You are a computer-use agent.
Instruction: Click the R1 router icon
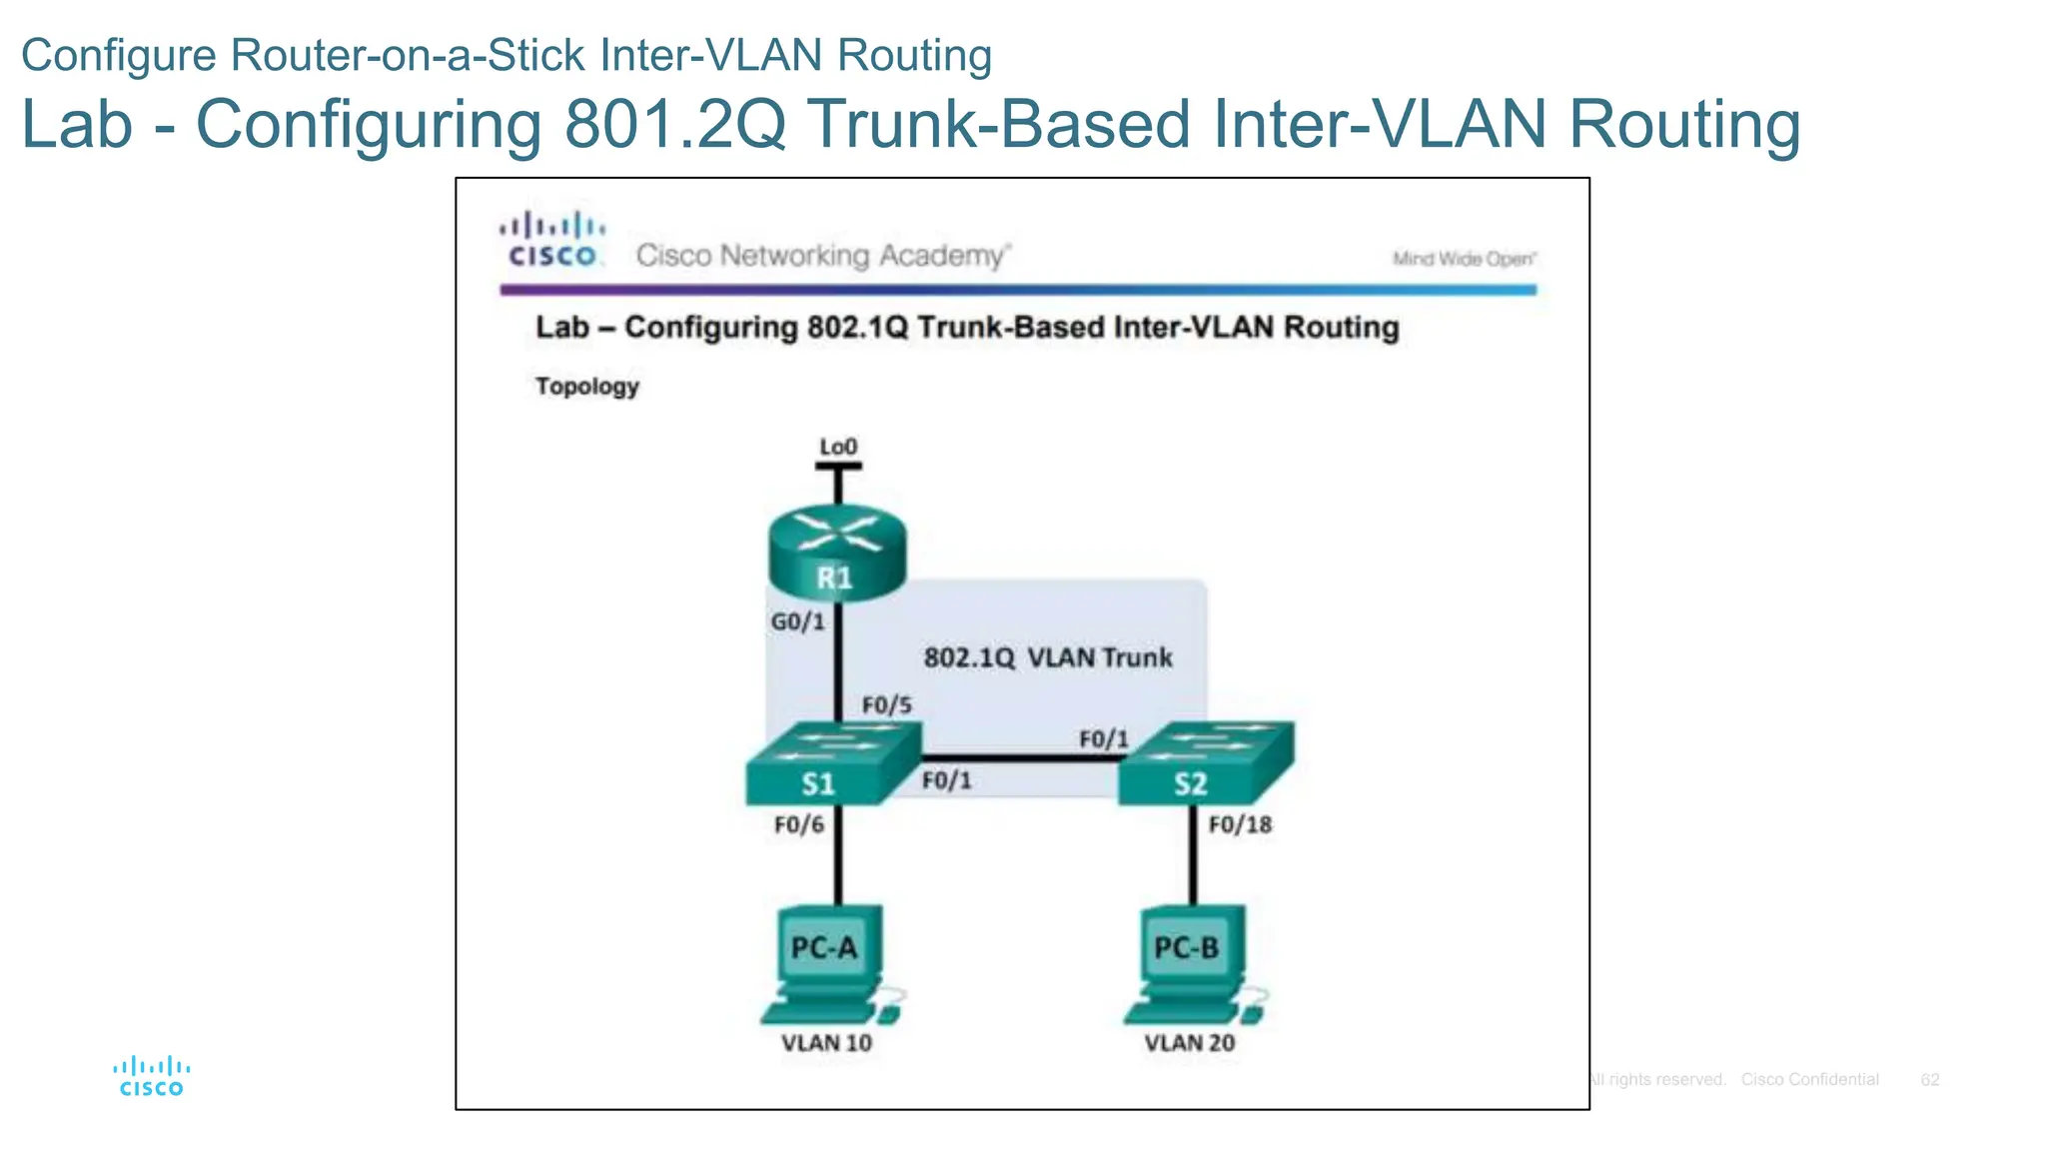(836, 556)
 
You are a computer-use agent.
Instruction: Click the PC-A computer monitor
(828, 945)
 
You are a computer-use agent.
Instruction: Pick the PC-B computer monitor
(1191, 945)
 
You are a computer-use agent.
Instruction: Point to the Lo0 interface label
(838, 447)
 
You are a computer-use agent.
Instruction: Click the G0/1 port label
(797, 621)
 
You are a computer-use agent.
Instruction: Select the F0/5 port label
(886, 705)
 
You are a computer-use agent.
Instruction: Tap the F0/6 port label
(799, 824)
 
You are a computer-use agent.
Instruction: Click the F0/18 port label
(1240, 824)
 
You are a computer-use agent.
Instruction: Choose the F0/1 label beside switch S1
(945, 780)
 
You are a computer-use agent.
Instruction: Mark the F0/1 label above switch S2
(1103, 739)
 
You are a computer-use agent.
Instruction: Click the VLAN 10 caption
(826, 1043)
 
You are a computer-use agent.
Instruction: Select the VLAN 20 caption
(1189, 1043)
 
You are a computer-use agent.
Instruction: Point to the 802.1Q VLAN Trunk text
(1047, 657)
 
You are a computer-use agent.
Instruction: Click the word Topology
(586, 386)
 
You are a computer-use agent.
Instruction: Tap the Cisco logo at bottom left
(151, 1076)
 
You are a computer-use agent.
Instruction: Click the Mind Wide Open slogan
(1464, 259)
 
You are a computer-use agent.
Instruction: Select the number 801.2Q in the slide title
(674, 124)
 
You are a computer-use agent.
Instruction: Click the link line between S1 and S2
(1019, 758)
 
